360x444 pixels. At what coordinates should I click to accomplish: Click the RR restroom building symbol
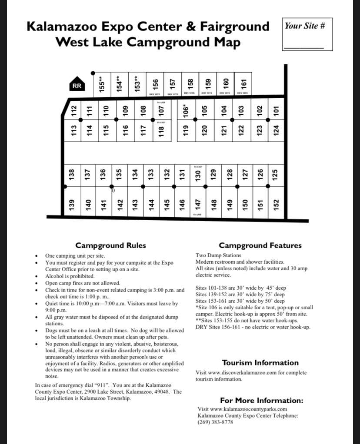pyautogui.click(x=77, y=86)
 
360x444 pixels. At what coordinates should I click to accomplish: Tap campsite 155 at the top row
pyautogui.click(x=102, y=82)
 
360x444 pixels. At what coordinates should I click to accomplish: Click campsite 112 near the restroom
pyautogui.click(x=74, y=110)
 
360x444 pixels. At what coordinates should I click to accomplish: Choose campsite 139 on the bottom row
pyautogui.click(x=72, y=203)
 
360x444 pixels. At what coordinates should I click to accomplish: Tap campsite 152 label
pyautogui.click(x=276, y=203)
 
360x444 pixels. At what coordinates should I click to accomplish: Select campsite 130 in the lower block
pyautogui.click(x=198, y=176)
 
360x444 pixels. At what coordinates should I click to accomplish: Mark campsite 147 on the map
pyautogui.click(x=198, y=203)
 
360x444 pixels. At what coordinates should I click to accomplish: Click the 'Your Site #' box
pyautogui.click(x=307, y=35)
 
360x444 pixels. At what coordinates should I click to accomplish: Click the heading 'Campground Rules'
pyautogui.click(x=110, y=245)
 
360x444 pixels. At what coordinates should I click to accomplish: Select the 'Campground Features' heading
pyautogui.click(x=260, y=245)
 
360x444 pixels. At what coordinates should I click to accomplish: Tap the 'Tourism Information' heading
pyautogui.click(x=260, y=363)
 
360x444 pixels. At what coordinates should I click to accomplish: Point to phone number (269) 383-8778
pyautogui.click(x=215, y=422)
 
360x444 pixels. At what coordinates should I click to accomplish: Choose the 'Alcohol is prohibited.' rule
pyautogui.click(x=70, y=276)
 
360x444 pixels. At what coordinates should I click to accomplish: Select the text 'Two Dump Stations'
pyautogui.click(x=218, y=255)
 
